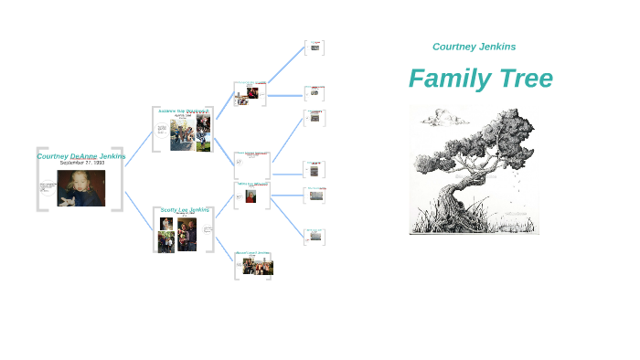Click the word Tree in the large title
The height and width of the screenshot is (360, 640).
525,79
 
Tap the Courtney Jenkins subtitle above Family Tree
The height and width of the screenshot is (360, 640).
474,47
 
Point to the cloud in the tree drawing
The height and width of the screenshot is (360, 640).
445,116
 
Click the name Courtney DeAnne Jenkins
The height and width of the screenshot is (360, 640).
81,156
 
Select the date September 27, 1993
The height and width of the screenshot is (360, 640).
82,164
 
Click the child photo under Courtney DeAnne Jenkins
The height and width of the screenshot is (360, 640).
81,188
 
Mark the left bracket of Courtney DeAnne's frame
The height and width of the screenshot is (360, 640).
39,179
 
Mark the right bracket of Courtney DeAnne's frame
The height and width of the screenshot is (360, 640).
120,179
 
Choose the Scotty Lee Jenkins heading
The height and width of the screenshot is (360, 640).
186,209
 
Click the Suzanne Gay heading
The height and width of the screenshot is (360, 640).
183,111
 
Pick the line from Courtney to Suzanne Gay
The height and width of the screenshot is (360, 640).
139,149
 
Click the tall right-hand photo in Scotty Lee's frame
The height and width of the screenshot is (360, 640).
187,234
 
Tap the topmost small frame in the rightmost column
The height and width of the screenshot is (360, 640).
315,47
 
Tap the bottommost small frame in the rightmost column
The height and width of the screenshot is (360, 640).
315,237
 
